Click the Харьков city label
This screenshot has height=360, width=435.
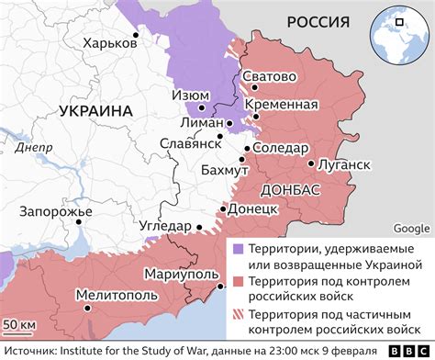point(106,42)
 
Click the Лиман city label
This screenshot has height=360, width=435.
point(202,121)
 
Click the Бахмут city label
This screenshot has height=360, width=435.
point(224,172)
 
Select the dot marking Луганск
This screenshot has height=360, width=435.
point(313,164)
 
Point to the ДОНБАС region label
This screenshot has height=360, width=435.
point(290,189)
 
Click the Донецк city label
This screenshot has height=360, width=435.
point(251,209)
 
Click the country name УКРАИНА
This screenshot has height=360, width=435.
point(95,110)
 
